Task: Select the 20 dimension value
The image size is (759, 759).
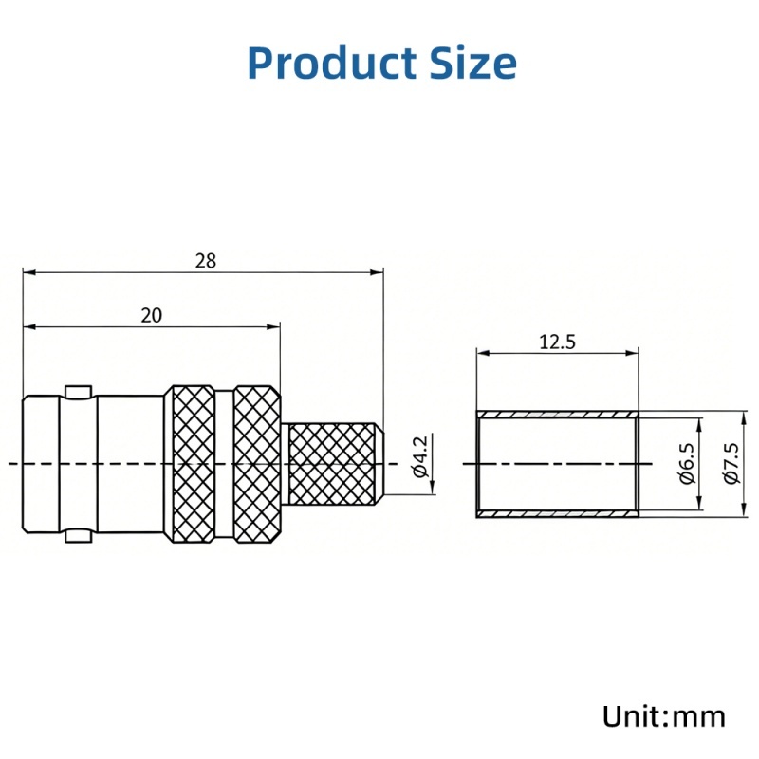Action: [x=151, y=316]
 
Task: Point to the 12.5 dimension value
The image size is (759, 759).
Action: [x=558, y=342]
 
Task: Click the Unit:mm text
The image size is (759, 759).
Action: [x=664, y=715]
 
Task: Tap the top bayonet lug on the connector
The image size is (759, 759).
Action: [x=78, y=390]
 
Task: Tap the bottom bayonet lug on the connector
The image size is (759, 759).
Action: [x=78, y=537]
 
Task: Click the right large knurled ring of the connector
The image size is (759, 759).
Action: [x=257, y=464]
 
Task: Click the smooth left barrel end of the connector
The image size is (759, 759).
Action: [x=43, y=464]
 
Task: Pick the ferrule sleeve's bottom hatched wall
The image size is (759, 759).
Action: [x=558, y=513]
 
